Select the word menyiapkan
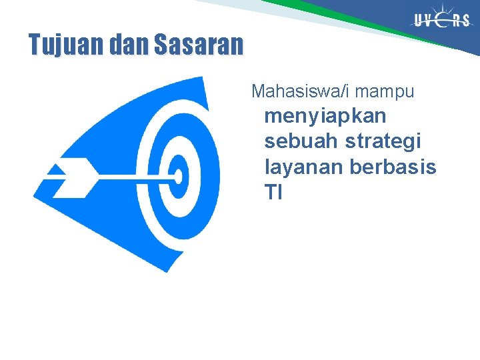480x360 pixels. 325,116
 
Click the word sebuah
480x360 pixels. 302,141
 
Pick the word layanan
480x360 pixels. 304,167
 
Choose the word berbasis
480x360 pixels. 393,167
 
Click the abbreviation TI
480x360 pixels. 273,193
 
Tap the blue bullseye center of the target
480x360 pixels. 179,176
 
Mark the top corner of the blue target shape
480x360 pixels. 199,79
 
